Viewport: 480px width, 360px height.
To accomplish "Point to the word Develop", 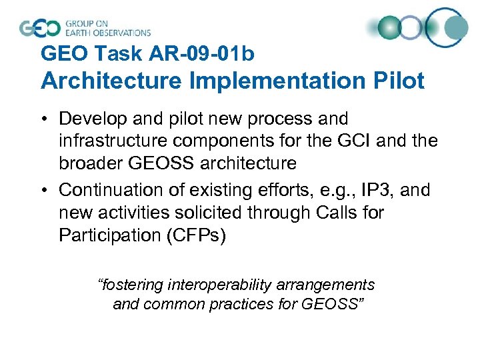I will (x=89, y=119).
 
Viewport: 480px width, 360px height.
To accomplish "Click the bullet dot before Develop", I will (x=45, y=119).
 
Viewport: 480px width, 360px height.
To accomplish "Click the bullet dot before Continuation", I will (x=45, y=191).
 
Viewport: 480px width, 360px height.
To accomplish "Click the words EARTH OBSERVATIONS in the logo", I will (x=107, y=32).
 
